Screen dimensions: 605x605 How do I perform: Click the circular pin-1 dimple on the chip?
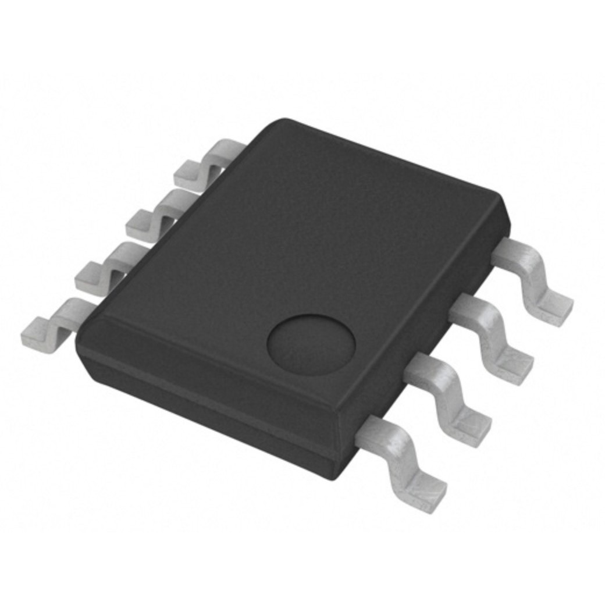point(311,344)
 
